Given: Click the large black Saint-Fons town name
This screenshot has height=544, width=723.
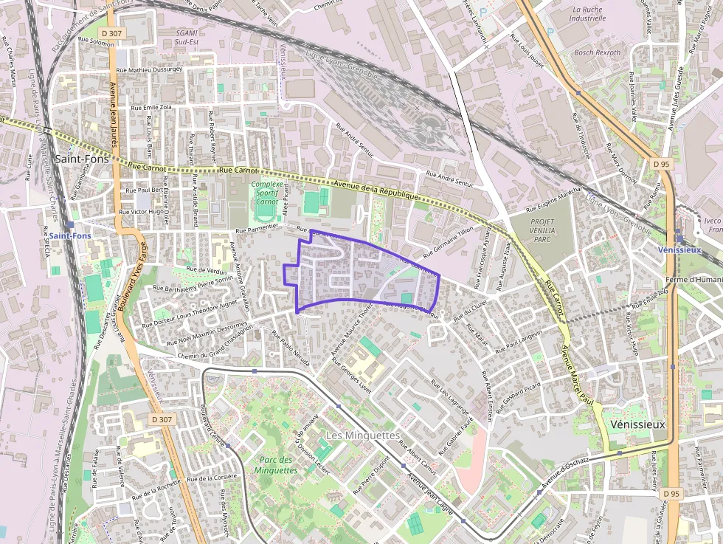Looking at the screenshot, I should coord(82,159).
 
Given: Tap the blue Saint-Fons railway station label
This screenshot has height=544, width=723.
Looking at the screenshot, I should coord(71,236).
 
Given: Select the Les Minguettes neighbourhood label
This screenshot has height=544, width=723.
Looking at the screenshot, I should coord(362,435).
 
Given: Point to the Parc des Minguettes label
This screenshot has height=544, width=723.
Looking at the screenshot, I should coord(277,464).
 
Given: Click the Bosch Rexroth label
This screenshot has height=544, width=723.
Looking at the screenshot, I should coord(598,53).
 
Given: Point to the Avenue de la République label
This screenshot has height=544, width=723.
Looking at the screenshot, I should coord(376,190).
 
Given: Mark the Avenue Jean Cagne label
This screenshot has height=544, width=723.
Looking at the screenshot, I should coord(435,494).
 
